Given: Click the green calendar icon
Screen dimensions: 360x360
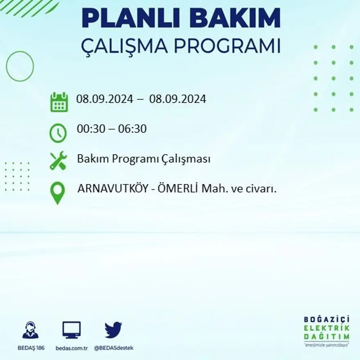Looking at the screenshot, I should pos(59,102).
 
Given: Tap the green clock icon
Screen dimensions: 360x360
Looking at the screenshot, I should pos(58,133).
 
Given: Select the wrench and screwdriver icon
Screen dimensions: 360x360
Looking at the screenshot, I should pos(58,160).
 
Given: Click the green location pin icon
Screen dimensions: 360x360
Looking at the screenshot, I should pos(58,193).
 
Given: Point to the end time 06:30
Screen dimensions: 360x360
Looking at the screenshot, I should pos(133,129).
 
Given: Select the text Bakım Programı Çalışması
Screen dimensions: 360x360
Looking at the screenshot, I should pos(144,159).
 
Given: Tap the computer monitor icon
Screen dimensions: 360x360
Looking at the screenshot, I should pos(72,330).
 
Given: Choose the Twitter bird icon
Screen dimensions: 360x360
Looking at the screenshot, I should pos(113,330).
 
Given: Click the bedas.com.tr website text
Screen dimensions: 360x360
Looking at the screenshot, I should pos(72,348).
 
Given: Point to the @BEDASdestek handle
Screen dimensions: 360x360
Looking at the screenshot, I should pos(114,348).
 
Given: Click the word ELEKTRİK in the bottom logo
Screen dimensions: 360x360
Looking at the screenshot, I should pos(326,328).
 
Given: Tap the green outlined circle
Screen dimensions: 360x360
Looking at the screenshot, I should pos(20,66).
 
